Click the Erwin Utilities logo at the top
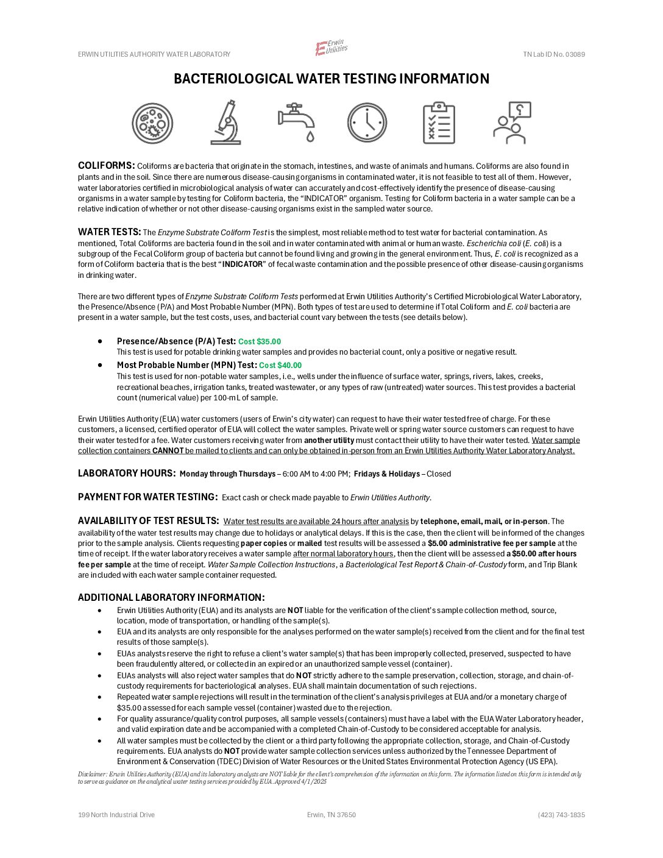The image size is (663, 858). [331, 48]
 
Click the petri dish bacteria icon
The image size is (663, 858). [152, 123]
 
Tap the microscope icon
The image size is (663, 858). [226, 122]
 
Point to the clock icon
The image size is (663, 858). [367, 122]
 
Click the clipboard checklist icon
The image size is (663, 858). [439, 122]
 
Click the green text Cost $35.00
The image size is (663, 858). [260, 342]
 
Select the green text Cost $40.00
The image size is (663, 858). [280, 366]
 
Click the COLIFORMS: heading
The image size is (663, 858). [107, 166]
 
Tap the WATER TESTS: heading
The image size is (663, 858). [109, 232]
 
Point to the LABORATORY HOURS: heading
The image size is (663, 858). [127, 473]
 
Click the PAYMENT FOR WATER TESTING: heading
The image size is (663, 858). [147, 497]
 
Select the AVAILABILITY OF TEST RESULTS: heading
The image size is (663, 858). [148, 521]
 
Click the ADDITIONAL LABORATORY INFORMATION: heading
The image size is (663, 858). [171, 598]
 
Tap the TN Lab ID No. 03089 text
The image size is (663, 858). [553, 54]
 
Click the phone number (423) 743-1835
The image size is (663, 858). [561, 815]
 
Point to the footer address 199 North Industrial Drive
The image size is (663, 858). [116, 815]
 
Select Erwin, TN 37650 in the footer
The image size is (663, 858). [331, 815]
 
